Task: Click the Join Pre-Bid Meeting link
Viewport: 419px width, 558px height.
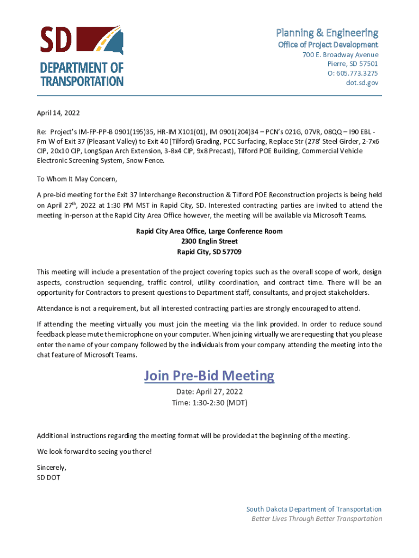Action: click(209, 375)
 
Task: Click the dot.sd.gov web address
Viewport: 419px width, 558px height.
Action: click(362, 83)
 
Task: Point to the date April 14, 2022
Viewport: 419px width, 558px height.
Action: click(58, 113)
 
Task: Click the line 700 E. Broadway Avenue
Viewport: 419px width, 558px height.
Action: click(340, 55)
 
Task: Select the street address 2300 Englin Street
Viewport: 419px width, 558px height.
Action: click(209, 241)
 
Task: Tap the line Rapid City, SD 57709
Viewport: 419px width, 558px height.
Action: click(209, 252)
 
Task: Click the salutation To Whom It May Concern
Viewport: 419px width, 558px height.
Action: click(77, 179)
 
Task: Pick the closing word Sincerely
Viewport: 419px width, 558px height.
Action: click(52, 468)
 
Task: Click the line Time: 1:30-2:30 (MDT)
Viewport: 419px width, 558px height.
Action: click(209, 403)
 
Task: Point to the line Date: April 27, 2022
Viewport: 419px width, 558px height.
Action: click(209, 392)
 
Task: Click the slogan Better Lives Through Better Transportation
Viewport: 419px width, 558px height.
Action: click(316, 519)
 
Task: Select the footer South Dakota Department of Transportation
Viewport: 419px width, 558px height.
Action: click(314, 509)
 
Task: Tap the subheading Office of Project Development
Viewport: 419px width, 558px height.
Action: click(328, 45)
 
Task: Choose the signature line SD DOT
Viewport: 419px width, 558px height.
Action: click(48, 478)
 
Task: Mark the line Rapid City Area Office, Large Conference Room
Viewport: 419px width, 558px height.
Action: click(209, 231)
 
